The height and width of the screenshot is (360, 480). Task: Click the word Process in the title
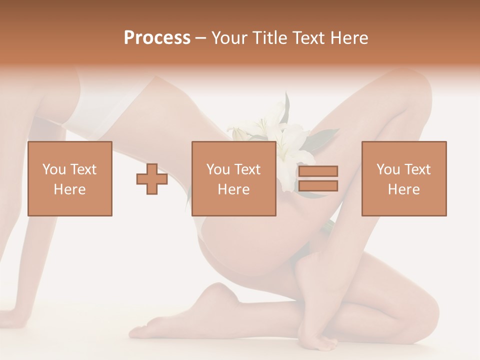tap(157, 38)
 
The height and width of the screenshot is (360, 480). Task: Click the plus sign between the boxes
tap(152, 178)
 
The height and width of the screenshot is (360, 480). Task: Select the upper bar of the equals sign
tap(318, 171)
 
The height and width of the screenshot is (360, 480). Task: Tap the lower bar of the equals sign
tap(318, 186)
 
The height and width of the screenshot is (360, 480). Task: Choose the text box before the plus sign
tap(70, 178)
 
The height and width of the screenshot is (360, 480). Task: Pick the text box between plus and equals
tap(234, 178)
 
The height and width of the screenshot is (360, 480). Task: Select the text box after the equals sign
tap(404, 178)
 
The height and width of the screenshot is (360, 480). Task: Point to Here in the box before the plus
tap(70, 189)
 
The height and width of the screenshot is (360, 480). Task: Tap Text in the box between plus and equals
tap(248, 169)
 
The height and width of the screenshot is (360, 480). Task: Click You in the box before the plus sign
tap(54, 169)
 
